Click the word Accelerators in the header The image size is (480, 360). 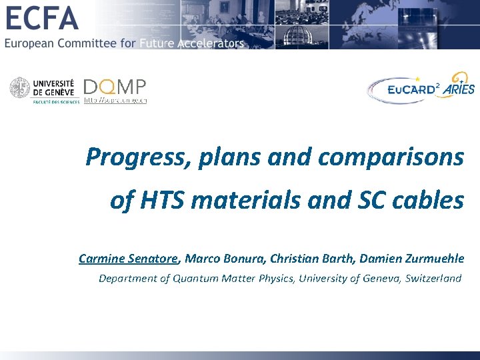[x=207, y=43]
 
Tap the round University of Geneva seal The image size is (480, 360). [x=21, y=89]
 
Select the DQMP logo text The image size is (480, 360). [x=114, y=87]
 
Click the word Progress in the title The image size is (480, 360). [x=126, y=157]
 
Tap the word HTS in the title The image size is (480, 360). [x=160, y=199]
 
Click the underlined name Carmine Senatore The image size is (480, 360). [x=129, y=258]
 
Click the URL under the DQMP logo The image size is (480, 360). [x=115, y=100]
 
